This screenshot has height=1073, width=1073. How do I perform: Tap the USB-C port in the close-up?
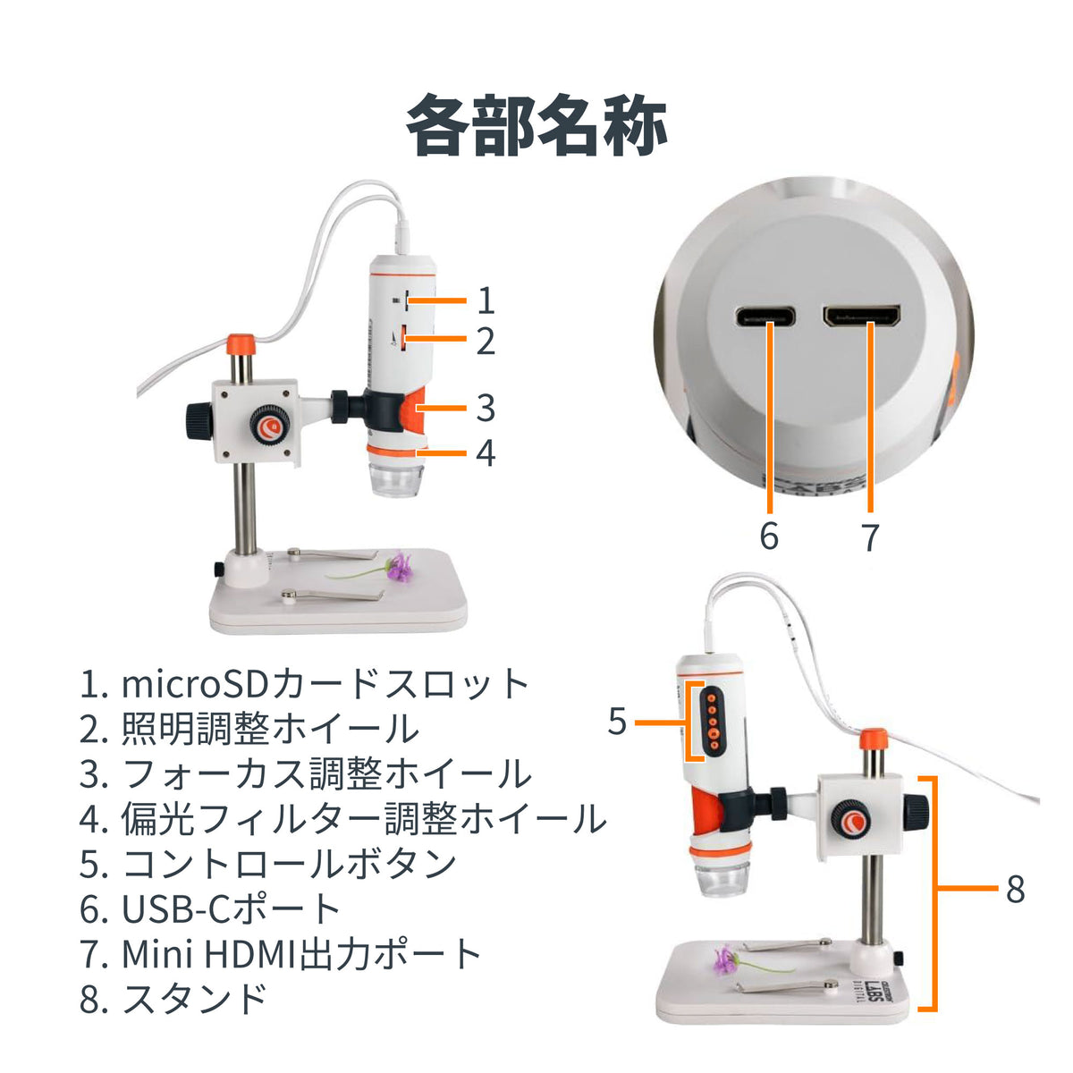tap(765, 317)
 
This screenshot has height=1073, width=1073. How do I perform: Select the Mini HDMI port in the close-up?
tap(863, 316)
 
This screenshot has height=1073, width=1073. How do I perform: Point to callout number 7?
tap(869, 536)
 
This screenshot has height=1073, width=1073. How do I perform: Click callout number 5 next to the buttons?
tap(617, 722)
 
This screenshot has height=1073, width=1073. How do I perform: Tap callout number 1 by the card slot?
tap(486, 300)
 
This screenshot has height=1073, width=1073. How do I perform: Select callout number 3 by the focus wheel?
tap(486, 408)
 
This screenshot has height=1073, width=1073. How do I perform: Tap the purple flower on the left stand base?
tap(399, 566)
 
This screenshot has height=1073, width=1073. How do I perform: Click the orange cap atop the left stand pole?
tap(242, 344)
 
